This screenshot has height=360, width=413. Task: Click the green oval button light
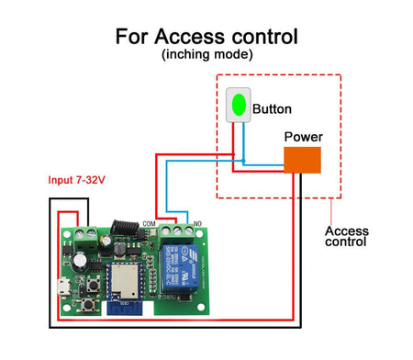(x=239, y=105)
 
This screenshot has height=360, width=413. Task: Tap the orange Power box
(x=302, y=159)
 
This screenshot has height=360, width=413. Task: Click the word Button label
(x=272, y=108)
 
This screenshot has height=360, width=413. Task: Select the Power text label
(x=303, y=137)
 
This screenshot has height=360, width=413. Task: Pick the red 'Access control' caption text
(x=346, y=236)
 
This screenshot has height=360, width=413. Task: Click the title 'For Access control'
(x=206, y=37)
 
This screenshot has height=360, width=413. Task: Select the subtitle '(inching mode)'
(x=206, y=56)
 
